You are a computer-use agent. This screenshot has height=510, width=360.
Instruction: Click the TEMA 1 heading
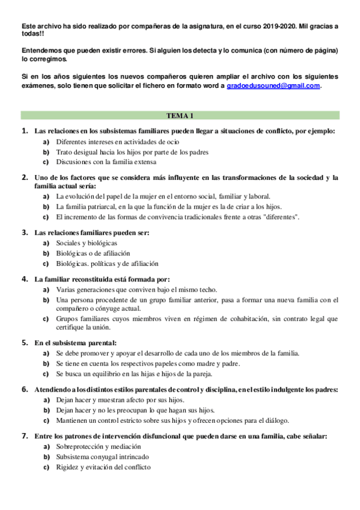click(x=180, y=115)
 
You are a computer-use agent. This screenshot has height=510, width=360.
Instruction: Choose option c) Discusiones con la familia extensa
click(x=106, y=162)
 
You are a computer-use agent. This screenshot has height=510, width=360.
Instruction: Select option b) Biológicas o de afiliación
click(x=93, y=253)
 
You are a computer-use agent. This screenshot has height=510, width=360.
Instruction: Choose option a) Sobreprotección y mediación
click(x=98, y=447)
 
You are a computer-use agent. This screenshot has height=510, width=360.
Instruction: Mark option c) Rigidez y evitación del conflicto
click(x=103, y=467)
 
